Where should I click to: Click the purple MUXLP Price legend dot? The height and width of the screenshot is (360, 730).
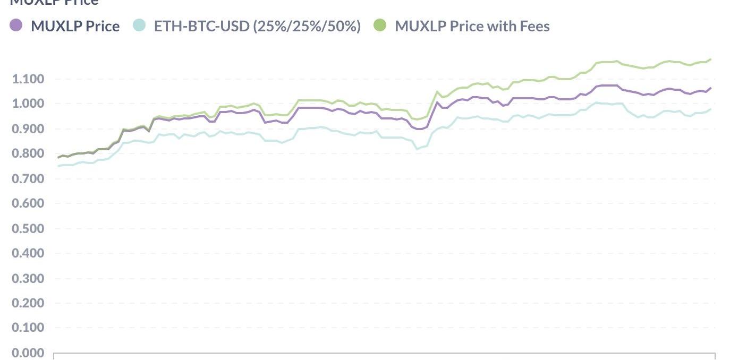click(16, 25)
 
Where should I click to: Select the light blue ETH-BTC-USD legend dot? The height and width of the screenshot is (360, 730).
click(139, 25)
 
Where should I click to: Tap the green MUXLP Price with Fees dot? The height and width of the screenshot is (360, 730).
click(380, 25)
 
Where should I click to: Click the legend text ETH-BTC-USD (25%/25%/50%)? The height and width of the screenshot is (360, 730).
click(257, 26)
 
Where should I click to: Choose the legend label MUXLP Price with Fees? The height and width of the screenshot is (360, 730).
click(472, 26)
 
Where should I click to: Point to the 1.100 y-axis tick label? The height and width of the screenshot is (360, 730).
click(28, 79)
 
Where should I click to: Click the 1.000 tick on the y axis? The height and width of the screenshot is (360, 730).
click(28, 104)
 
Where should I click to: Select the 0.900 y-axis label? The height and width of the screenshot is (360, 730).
click(28, 129)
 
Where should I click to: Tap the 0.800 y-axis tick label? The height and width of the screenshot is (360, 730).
click(28, 154)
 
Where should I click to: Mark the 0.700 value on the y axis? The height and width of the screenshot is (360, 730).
click(28, 179)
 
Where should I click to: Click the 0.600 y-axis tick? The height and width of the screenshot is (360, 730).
click(28, 204)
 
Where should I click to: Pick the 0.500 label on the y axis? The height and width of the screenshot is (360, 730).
click(28, 229)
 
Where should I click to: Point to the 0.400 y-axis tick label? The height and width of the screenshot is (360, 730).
click(28, 254)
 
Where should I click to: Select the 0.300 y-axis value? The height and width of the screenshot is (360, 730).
click(28, 279)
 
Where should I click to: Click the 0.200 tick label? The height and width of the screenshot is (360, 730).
click(28, 304)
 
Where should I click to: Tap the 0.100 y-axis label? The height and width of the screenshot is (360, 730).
click(28, 328)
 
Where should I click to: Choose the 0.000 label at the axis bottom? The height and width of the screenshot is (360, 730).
click(28, 353)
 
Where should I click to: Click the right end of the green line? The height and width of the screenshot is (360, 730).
click(710, 59)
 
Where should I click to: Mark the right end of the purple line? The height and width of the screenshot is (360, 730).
click(710, 88)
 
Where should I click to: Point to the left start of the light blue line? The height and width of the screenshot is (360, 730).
click(58, 166)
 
